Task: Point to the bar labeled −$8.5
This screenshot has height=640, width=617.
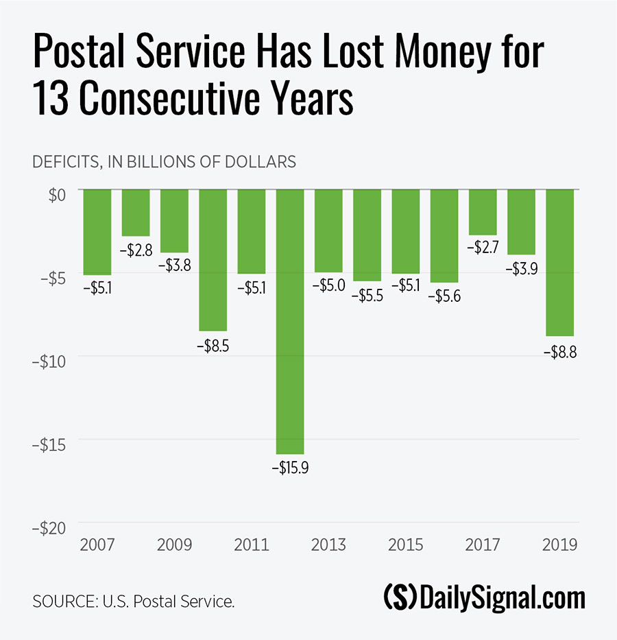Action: click(213, 260)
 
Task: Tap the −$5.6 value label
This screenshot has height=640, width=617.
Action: click(444, 297)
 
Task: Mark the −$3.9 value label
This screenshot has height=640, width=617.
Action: click(521, 269)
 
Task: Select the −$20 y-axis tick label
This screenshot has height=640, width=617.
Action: click(50, 528)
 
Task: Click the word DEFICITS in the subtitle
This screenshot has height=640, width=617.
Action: click(66, 163)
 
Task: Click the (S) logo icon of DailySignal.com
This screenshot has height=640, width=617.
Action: click(399, 598)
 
